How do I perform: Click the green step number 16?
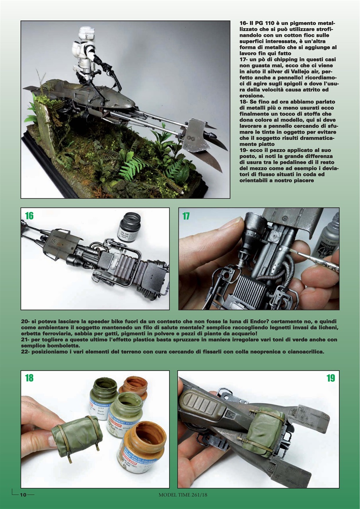(x=29, y=216)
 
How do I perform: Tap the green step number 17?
(x=186, y=216)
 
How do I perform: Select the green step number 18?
(x=29, y=378)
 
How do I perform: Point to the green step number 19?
(x=331, y=378)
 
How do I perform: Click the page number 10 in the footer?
(x=23, y=494)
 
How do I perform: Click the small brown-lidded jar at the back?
(x=134, y=387)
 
